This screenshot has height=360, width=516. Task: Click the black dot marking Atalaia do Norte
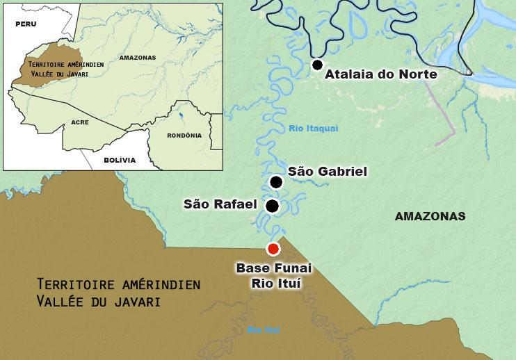click(x=317, y=65)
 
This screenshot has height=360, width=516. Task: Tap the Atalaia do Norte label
click(x=381, y=74)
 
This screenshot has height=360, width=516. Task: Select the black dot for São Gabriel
click(x=276, y=182)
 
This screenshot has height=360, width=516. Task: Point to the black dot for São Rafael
click(x=273, y=206)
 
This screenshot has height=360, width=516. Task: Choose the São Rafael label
click(x=220, y=204)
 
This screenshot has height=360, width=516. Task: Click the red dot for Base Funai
click(x=273, y=249)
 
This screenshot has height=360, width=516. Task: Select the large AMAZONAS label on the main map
click(x=430, y=216)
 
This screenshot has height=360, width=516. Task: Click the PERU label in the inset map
click(x=26, y=23)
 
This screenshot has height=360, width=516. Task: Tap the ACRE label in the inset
click(x=80, y=122)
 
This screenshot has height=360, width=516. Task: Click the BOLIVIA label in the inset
click(x=120, y=160)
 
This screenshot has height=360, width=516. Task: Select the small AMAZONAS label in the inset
click(x=137, y=58)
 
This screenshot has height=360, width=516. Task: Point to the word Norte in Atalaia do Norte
click(x=416, y=74)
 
